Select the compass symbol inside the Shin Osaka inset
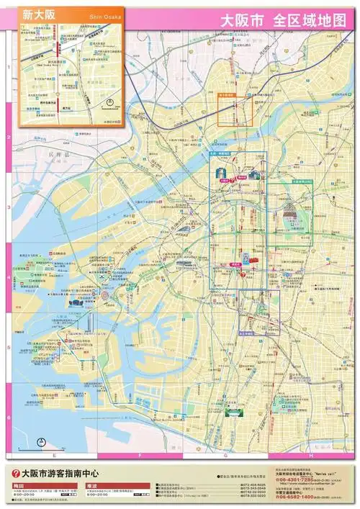(x=107, y=102)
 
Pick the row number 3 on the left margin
(x=8, y=207)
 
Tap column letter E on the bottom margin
(x=54, y=456)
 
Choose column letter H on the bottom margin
(x=310, y=456)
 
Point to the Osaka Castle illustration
(x=290, y=212)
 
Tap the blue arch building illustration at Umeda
(x=219, y=173)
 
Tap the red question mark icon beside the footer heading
(x=13, y=474)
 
